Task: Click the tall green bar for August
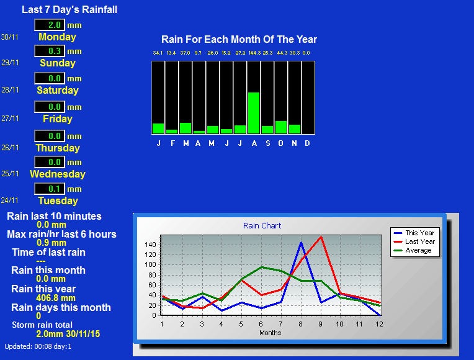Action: [254, 113]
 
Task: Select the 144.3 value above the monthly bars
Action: [254, 53]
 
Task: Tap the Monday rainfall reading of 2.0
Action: [50, 25]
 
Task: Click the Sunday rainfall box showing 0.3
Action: [50, 51]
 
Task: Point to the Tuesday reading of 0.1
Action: [50, 189]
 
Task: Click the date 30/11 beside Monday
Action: [10, 37]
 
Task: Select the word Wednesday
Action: [58, 174]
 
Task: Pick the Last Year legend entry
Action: [414, 241]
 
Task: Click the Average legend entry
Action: [413, 250]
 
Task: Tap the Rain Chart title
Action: [262, 226]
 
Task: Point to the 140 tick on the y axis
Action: [151, 245]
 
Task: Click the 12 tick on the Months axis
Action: [379, 324]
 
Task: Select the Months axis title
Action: [271, 333]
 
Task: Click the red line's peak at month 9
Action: [320, 237]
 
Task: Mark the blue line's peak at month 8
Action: [301, 243]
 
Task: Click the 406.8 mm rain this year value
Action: [56, 298]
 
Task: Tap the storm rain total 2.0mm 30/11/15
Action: [68, 334]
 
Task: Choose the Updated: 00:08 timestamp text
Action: [38, 346]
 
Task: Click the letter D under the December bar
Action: [307, 143]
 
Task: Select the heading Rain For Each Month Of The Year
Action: [239, 39]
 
